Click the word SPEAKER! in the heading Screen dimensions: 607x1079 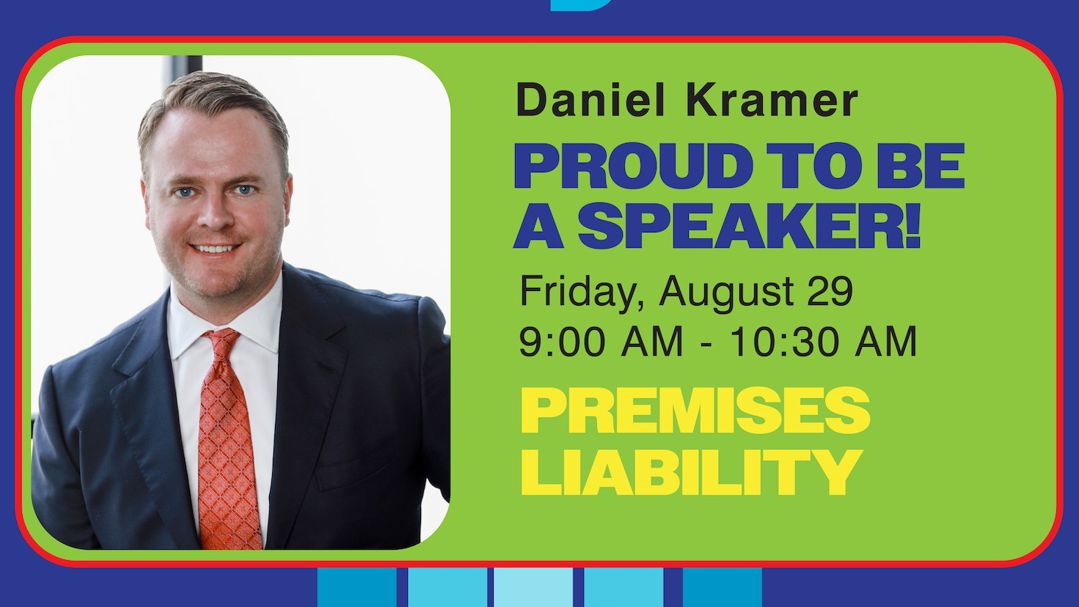tap(749, 226)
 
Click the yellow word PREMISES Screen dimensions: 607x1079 tap(695, 411)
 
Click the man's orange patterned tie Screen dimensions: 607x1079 tap(227, 447)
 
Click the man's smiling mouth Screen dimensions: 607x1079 tap(215, 249)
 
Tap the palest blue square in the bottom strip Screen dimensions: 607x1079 tap(533, 587)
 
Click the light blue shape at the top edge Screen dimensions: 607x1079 tap(579, 4)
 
